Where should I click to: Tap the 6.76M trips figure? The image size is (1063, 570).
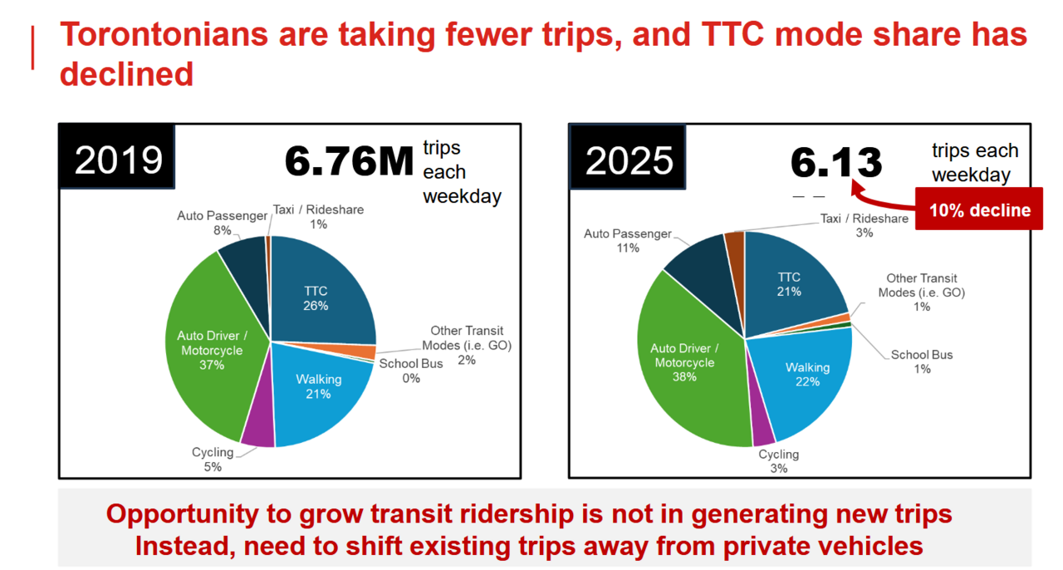click(x=349, y=162)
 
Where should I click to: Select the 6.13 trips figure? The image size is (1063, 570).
click(x=835, y=162)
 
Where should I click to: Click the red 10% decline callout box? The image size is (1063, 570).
click(x=978, y=210)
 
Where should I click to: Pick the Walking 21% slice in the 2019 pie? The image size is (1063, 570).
click(x=320, y=391)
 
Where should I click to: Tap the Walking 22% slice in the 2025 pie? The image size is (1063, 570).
click(x=806, y=378)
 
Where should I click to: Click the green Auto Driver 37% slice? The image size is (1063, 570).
click(x=212, y=349)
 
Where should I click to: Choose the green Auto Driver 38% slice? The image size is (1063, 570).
click(x=685, y=366)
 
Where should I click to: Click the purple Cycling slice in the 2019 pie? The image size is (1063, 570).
click(x=258, y=428)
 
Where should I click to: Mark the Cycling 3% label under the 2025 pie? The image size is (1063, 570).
click(x=778, y=461)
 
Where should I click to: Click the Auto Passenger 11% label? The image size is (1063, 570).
click(x=627, y=241)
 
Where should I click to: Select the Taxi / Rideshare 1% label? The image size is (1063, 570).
click(x=318, y=217)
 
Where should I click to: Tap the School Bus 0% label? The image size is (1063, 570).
click(x=411, y=371)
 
